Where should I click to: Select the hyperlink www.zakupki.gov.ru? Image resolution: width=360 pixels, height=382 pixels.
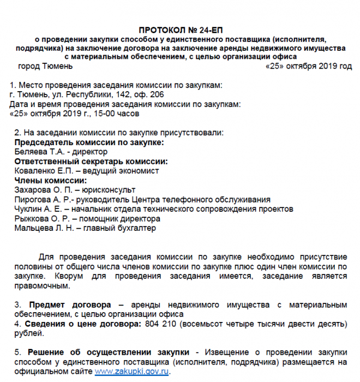click(132, 371)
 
